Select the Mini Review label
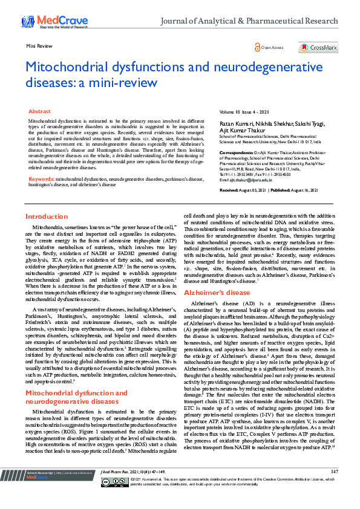point(38,46)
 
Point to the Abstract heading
point(40,112)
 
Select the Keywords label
point(42,163)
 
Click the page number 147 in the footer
point(334,488)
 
